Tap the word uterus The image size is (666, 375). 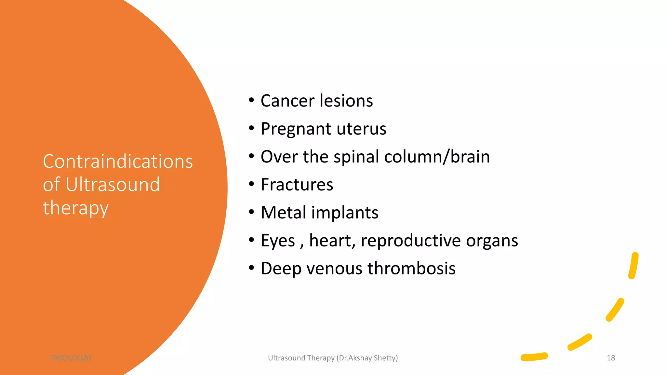click(361, 129)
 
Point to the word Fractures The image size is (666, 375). click(297, 185)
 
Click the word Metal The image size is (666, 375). click(284, 213)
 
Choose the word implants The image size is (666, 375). click(345, 213)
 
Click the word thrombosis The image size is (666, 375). click(411, 269)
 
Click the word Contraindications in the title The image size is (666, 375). click(118, 161)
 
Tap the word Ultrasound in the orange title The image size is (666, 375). click(113, 185)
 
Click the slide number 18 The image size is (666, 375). click(611, 358)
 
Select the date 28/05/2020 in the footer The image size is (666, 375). click(71, 358)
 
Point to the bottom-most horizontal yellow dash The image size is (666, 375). click(534, 357)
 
